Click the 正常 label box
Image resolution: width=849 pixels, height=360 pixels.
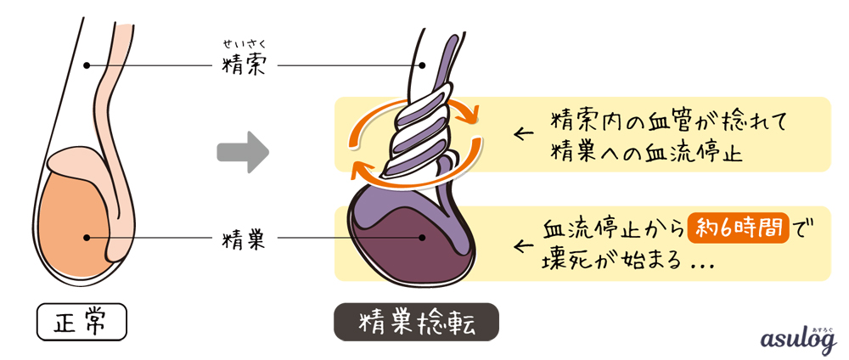(82, 323)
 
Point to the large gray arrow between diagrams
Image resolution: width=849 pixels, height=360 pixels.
(243, 153)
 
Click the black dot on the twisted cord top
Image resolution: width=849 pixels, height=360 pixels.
(422, 65)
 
